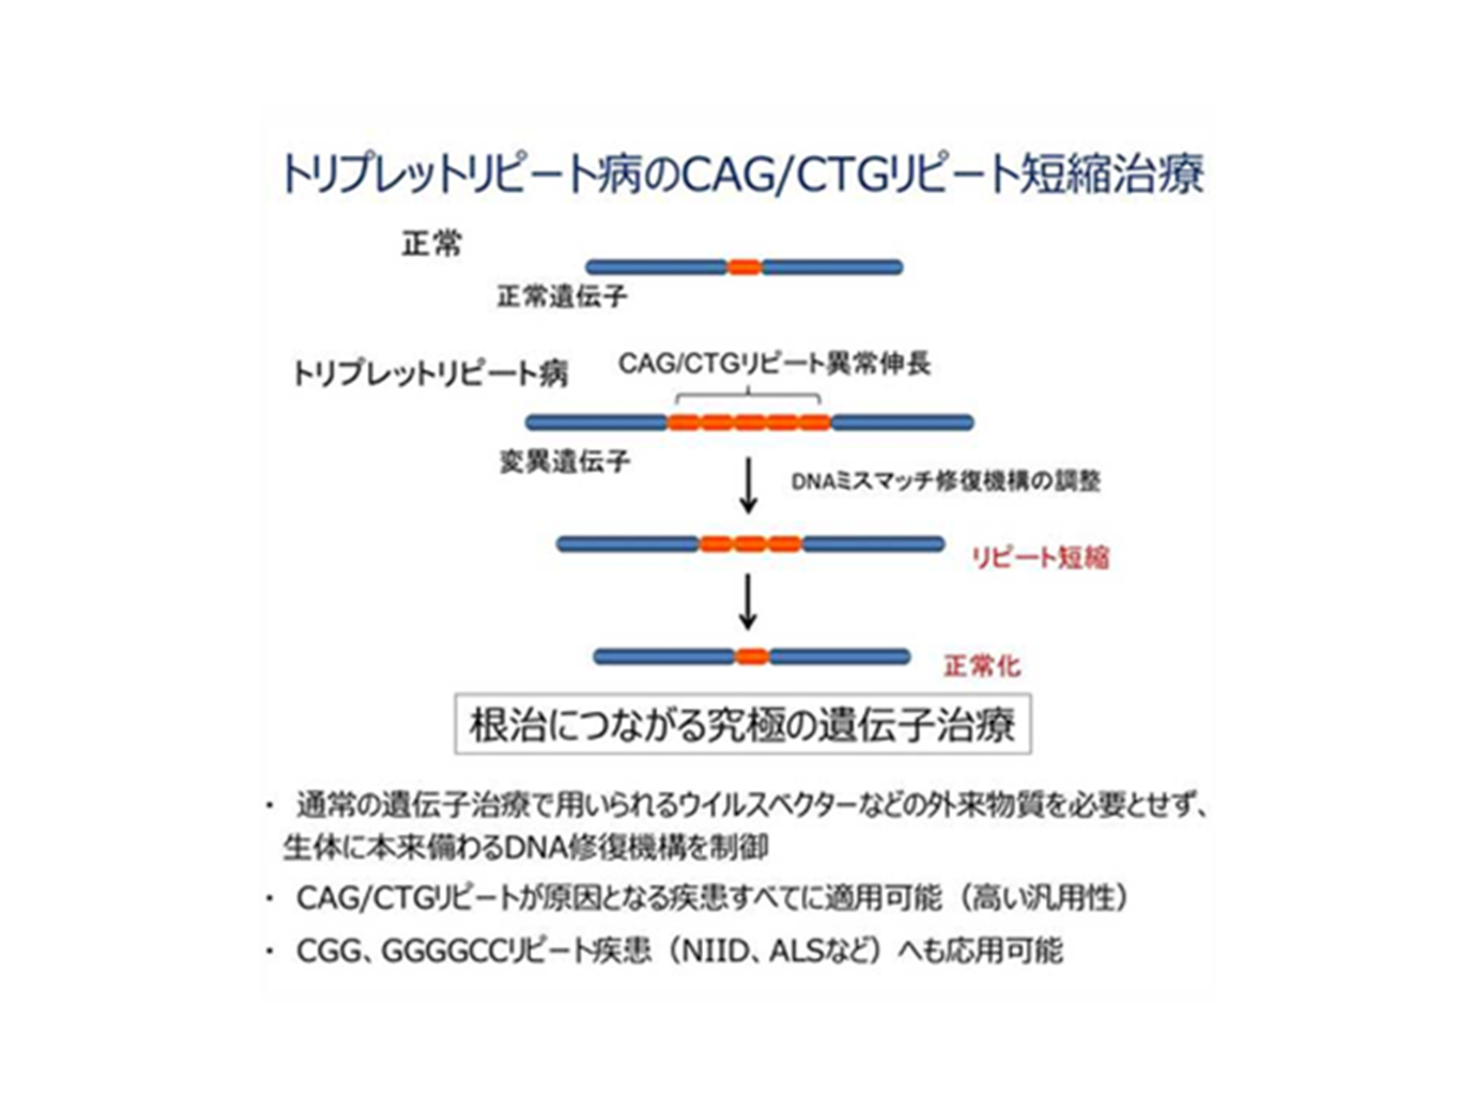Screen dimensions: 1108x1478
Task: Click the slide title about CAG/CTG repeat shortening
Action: pyautogui.click(x=742, y=174)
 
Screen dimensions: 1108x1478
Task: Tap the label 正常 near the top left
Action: pyautogui.click(x=431, y=244)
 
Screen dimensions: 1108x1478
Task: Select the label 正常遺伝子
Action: pyautogui.click(x=562, y=297)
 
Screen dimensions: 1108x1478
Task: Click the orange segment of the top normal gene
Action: pyautogui.click(x=744, y=267)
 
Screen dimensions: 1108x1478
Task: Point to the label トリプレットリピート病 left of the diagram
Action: pyautogui.click(x=430, y=374)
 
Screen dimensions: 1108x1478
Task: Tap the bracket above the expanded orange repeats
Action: pyautogui.click(x=747, y=397)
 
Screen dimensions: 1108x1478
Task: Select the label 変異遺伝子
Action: pyautogui.click(x=565, y=461)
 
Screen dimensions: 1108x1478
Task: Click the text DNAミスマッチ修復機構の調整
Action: pyautogui.click(x=946, y=481)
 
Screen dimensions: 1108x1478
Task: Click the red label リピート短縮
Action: pyautogui.click(x=1040, y=557)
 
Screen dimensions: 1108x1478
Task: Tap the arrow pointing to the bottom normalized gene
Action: pyautogui.click(x=749, y=602)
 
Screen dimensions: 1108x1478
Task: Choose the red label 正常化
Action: pyautogui.click(x=982, y=666)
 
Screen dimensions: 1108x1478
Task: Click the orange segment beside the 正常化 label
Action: pyautogui.click(x=752, y=657)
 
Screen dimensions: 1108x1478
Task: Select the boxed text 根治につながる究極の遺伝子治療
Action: pyautogui.click(x=742, y=725)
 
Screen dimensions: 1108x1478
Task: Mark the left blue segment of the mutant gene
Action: pyautogui.click(x=597, y=422)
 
